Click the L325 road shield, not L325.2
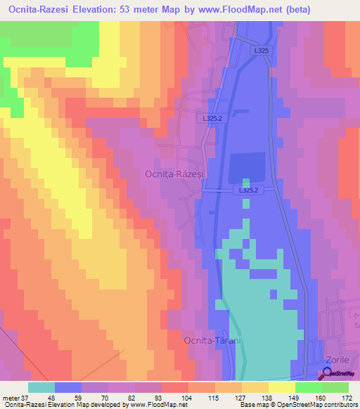pyautogui.click(x=260, y=51)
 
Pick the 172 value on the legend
pyautogui.click(x=347, y=398)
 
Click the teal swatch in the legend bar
pyautogui.click(x=41, y=387)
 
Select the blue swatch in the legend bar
pyautogui.click(x=68, y=387)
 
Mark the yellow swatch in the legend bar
pyautogui.click(x=281, y=387)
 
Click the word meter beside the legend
pyautogui.click(x=11, y=398)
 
